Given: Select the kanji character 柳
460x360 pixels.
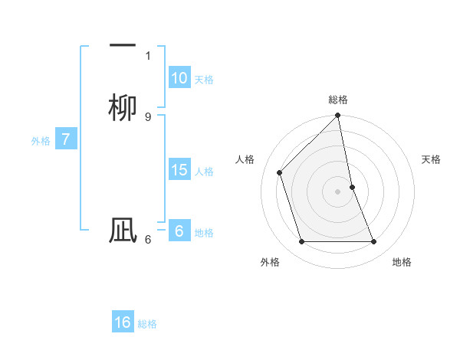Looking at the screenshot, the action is tap(123, 106).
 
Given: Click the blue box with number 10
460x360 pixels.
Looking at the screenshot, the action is tap(179, 78).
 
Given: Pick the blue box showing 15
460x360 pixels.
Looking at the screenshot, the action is tap(179, 170).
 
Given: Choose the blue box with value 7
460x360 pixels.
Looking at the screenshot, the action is tap(66, 140).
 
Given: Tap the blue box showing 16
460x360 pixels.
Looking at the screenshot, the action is tap(123, 322).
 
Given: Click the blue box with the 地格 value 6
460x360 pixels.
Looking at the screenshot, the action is tap(179, 231).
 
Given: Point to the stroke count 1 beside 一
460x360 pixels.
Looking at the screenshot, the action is tap(148, 55).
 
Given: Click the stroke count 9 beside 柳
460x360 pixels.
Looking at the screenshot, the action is tap(148, 116).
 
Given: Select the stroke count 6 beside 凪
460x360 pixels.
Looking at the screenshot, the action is tap(148, 240).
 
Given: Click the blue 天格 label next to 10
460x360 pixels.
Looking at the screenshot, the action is tap(204, 80).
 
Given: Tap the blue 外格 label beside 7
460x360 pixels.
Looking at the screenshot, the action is tap(41, 141).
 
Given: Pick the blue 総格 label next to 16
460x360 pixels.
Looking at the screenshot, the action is tap(147, 324).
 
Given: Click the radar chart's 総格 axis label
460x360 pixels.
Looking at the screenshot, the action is tap(338, 100).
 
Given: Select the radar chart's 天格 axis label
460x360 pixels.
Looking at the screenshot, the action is tap(431, 159).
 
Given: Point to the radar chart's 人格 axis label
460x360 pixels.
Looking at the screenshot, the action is tap(245, 159).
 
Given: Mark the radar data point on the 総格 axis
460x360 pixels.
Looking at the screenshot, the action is tap(338, 116).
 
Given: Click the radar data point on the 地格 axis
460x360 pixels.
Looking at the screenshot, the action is tap(374, 242).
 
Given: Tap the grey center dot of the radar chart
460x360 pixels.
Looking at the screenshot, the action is tap(338, 191).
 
